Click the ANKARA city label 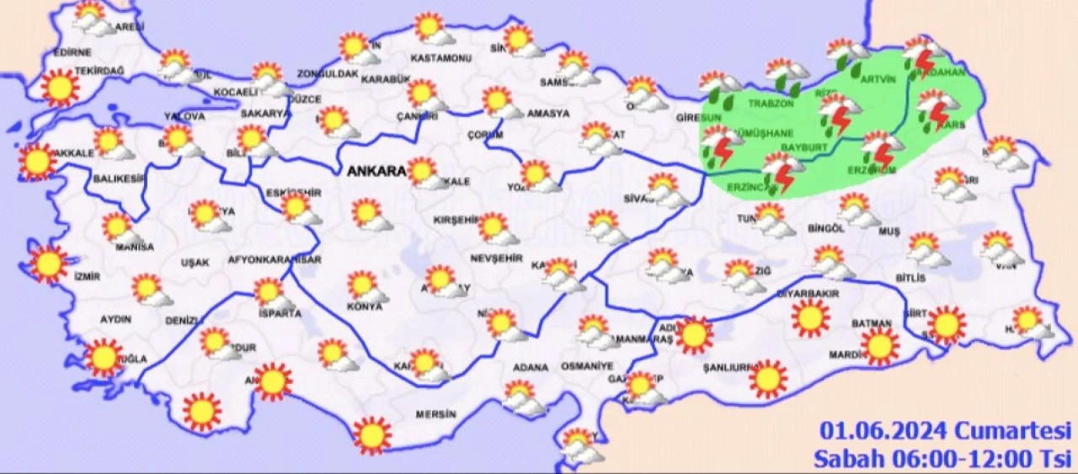(375, 171)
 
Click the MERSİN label (435, 414)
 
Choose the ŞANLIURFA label (726, 368)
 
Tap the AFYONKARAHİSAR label (275, 261)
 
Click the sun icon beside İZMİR (49, 264)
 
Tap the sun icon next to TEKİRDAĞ (59, 87)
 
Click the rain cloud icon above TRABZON (787, 74)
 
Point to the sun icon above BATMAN (880, 345)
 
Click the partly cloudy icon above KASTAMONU (433, 29)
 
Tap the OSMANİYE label (584, 367)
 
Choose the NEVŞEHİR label (491, 258)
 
